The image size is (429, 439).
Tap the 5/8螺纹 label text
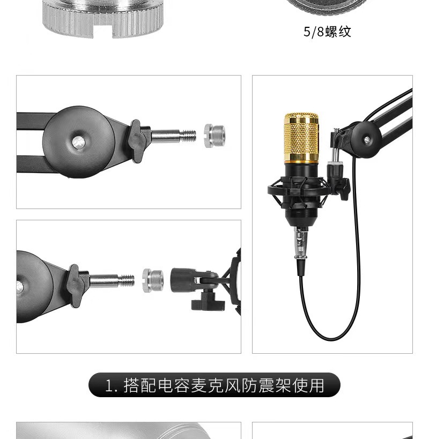point(327,32)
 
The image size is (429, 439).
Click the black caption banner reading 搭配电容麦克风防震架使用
point(214,385)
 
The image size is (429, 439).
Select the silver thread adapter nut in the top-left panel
point(214,136)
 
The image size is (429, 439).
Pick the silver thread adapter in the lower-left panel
point(153,280)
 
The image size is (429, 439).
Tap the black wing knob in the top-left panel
point(137,141)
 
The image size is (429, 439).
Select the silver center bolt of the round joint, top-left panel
point(78,142)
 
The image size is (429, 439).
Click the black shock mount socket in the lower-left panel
point(183,280)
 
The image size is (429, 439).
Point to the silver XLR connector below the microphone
point(301,242)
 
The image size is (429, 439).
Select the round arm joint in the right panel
point(367,139)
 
